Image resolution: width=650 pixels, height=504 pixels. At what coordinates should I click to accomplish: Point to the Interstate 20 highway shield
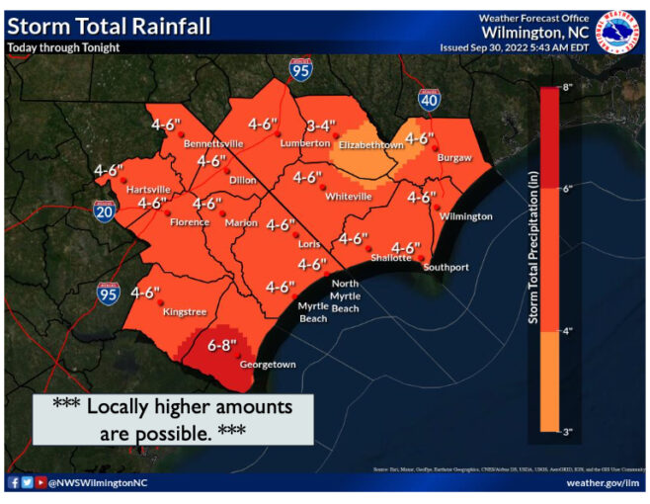[103, 210]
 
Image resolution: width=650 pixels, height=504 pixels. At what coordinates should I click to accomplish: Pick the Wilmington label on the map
[466, 215]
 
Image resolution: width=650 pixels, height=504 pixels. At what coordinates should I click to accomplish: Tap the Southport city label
[446, 267]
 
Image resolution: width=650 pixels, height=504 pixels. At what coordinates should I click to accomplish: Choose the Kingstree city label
[185, 312]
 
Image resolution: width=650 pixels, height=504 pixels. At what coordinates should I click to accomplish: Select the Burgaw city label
[455, 157]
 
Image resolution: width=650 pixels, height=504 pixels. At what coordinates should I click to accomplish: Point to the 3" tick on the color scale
[567, 432]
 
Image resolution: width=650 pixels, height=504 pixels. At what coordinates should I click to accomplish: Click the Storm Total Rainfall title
[109, 26]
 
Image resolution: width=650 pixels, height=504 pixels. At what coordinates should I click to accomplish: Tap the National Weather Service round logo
[620, 32]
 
